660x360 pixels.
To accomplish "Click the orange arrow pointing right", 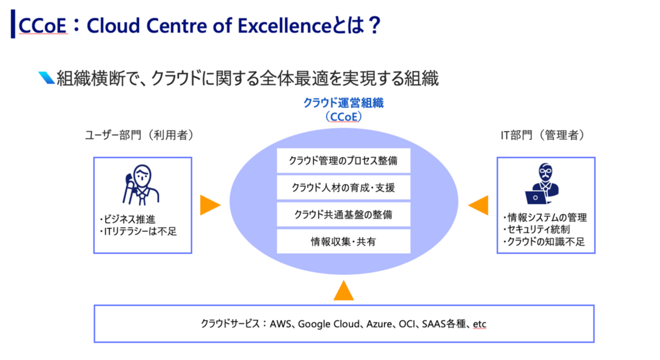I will [210, 205].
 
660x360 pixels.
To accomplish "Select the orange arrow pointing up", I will [343, 291].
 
